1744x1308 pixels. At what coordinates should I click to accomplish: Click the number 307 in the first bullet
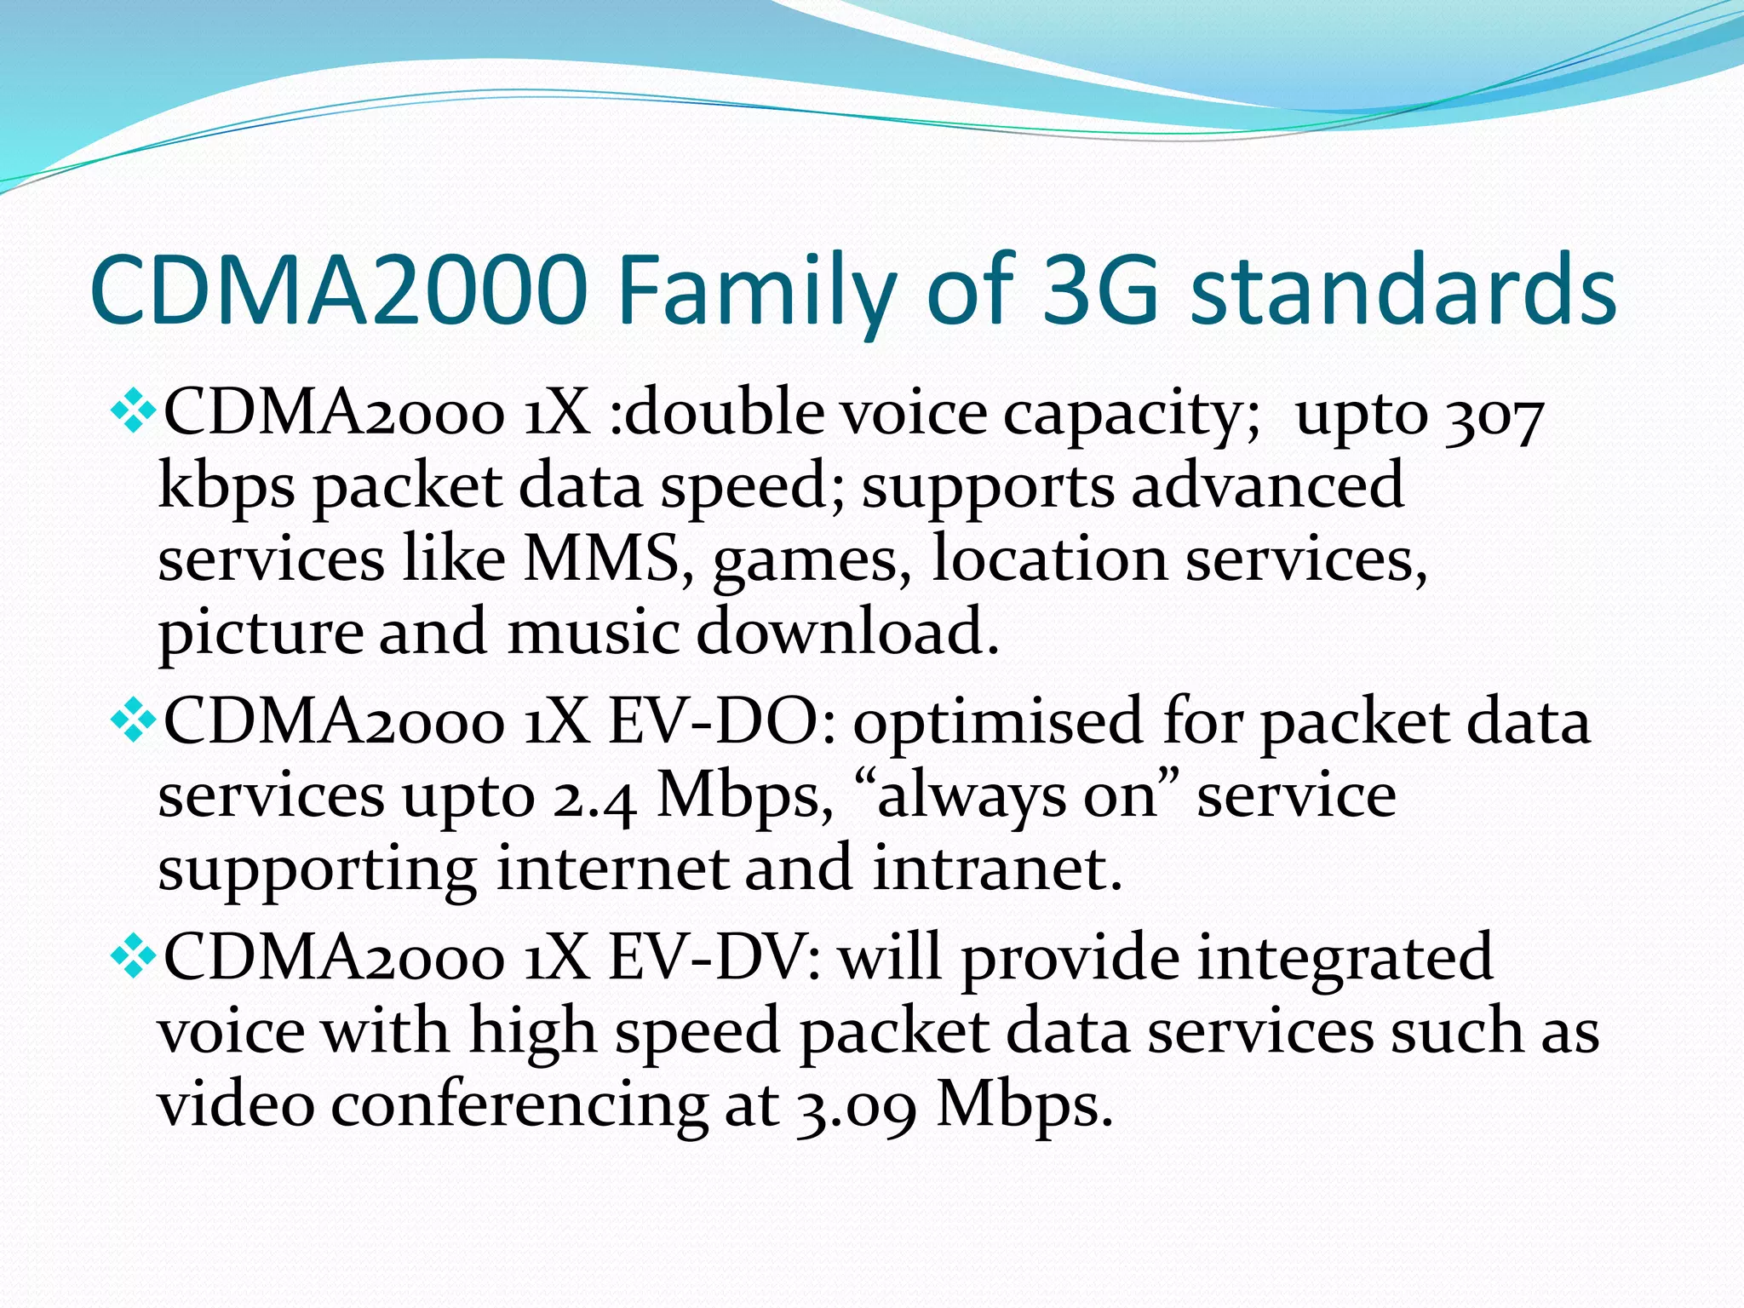click(x=1495, y=416)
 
